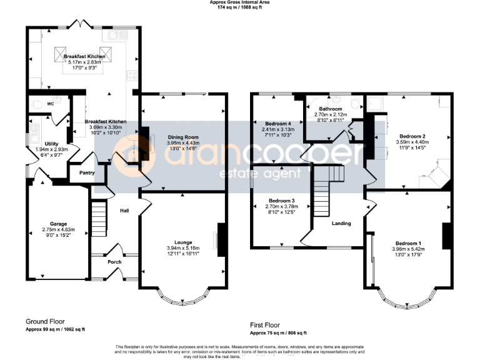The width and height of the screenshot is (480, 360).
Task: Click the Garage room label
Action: [53, 223]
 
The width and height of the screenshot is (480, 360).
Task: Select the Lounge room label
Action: [183, 242]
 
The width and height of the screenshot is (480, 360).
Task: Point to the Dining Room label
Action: [182, 137]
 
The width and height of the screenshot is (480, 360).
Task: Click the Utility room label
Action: [51, 143]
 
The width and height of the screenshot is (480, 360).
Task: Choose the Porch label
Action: [114, 262]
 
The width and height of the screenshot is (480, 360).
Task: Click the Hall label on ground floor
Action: [124, 211]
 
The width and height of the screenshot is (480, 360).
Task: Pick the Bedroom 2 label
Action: [412, 136]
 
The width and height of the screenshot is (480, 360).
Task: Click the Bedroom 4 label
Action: [276, 123]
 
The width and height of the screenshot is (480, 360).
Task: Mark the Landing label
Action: [341, 223]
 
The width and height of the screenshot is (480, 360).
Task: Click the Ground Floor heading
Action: [43, 322]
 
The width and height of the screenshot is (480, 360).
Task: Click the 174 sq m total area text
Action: [239, 8]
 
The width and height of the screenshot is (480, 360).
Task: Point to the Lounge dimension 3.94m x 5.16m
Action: [183, 248]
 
